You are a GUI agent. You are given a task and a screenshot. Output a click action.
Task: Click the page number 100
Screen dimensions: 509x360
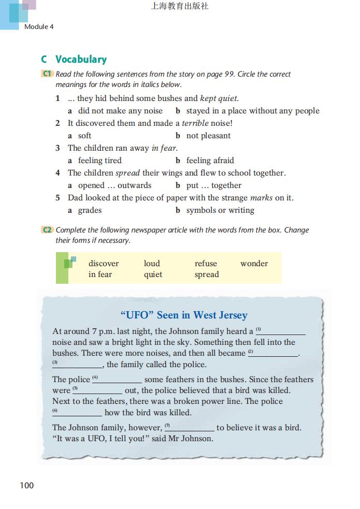[x=26, y=485]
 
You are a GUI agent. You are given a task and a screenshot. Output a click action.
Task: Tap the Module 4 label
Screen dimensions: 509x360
[x=39, y=26]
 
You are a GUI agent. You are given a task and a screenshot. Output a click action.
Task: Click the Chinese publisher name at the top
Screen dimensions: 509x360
[x=180, y=7]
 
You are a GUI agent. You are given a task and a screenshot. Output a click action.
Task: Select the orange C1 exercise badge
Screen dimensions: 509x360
[x=47, y=74]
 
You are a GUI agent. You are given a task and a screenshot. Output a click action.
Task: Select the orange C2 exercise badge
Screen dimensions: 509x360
[x=47, y=230]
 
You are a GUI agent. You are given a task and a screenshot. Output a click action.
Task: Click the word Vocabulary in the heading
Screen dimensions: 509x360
[x=81, y=60]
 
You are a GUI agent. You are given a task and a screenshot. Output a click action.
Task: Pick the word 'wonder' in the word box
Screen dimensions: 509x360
[x=254, y=264]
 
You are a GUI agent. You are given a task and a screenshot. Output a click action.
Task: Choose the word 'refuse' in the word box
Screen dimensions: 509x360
[x=206, y=264]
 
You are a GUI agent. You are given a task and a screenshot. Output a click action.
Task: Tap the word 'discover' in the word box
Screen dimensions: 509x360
[x=104, y=264]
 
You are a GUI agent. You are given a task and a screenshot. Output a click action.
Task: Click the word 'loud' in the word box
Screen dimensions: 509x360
[x=152, y=264]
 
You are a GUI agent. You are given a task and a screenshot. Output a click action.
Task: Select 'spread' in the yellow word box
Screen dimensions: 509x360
[x=207, y=275]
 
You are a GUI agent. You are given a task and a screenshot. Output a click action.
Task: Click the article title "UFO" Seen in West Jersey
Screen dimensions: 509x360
[x=183, y=315]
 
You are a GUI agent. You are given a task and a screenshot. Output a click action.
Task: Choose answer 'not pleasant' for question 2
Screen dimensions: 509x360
[x=208, y=136]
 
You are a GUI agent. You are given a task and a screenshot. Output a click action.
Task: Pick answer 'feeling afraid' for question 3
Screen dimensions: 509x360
[x=210, y=161]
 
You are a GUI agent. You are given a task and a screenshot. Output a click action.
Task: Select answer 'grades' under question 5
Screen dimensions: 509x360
[x=90, y=210]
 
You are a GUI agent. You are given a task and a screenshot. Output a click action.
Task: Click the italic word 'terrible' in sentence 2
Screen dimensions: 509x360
[x=195, y=123]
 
